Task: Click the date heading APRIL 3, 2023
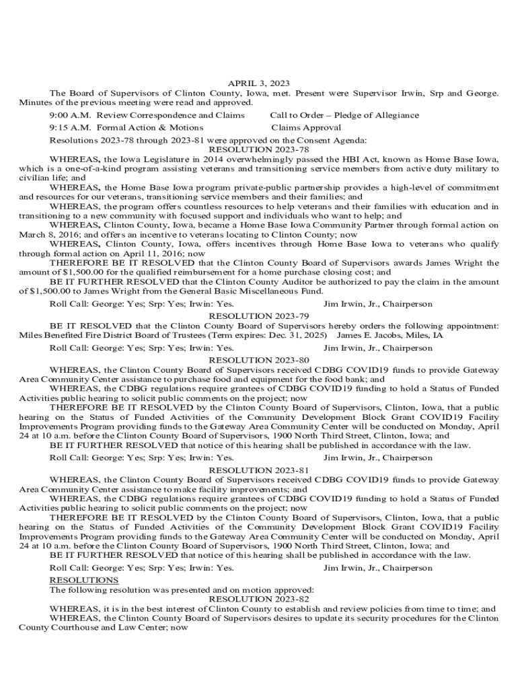click(x=259, y=83)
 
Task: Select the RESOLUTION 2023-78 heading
click(x=259, y=149)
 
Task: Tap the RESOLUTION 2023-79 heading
click(x=259, y=316)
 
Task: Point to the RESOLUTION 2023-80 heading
click(x=259, y=360)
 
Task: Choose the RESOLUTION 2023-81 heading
click(x=259, y=470)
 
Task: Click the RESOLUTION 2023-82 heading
click(x=259, y=599)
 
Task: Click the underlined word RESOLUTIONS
click(x=84, y=580)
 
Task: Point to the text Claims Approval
click(x=306, y=127)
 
